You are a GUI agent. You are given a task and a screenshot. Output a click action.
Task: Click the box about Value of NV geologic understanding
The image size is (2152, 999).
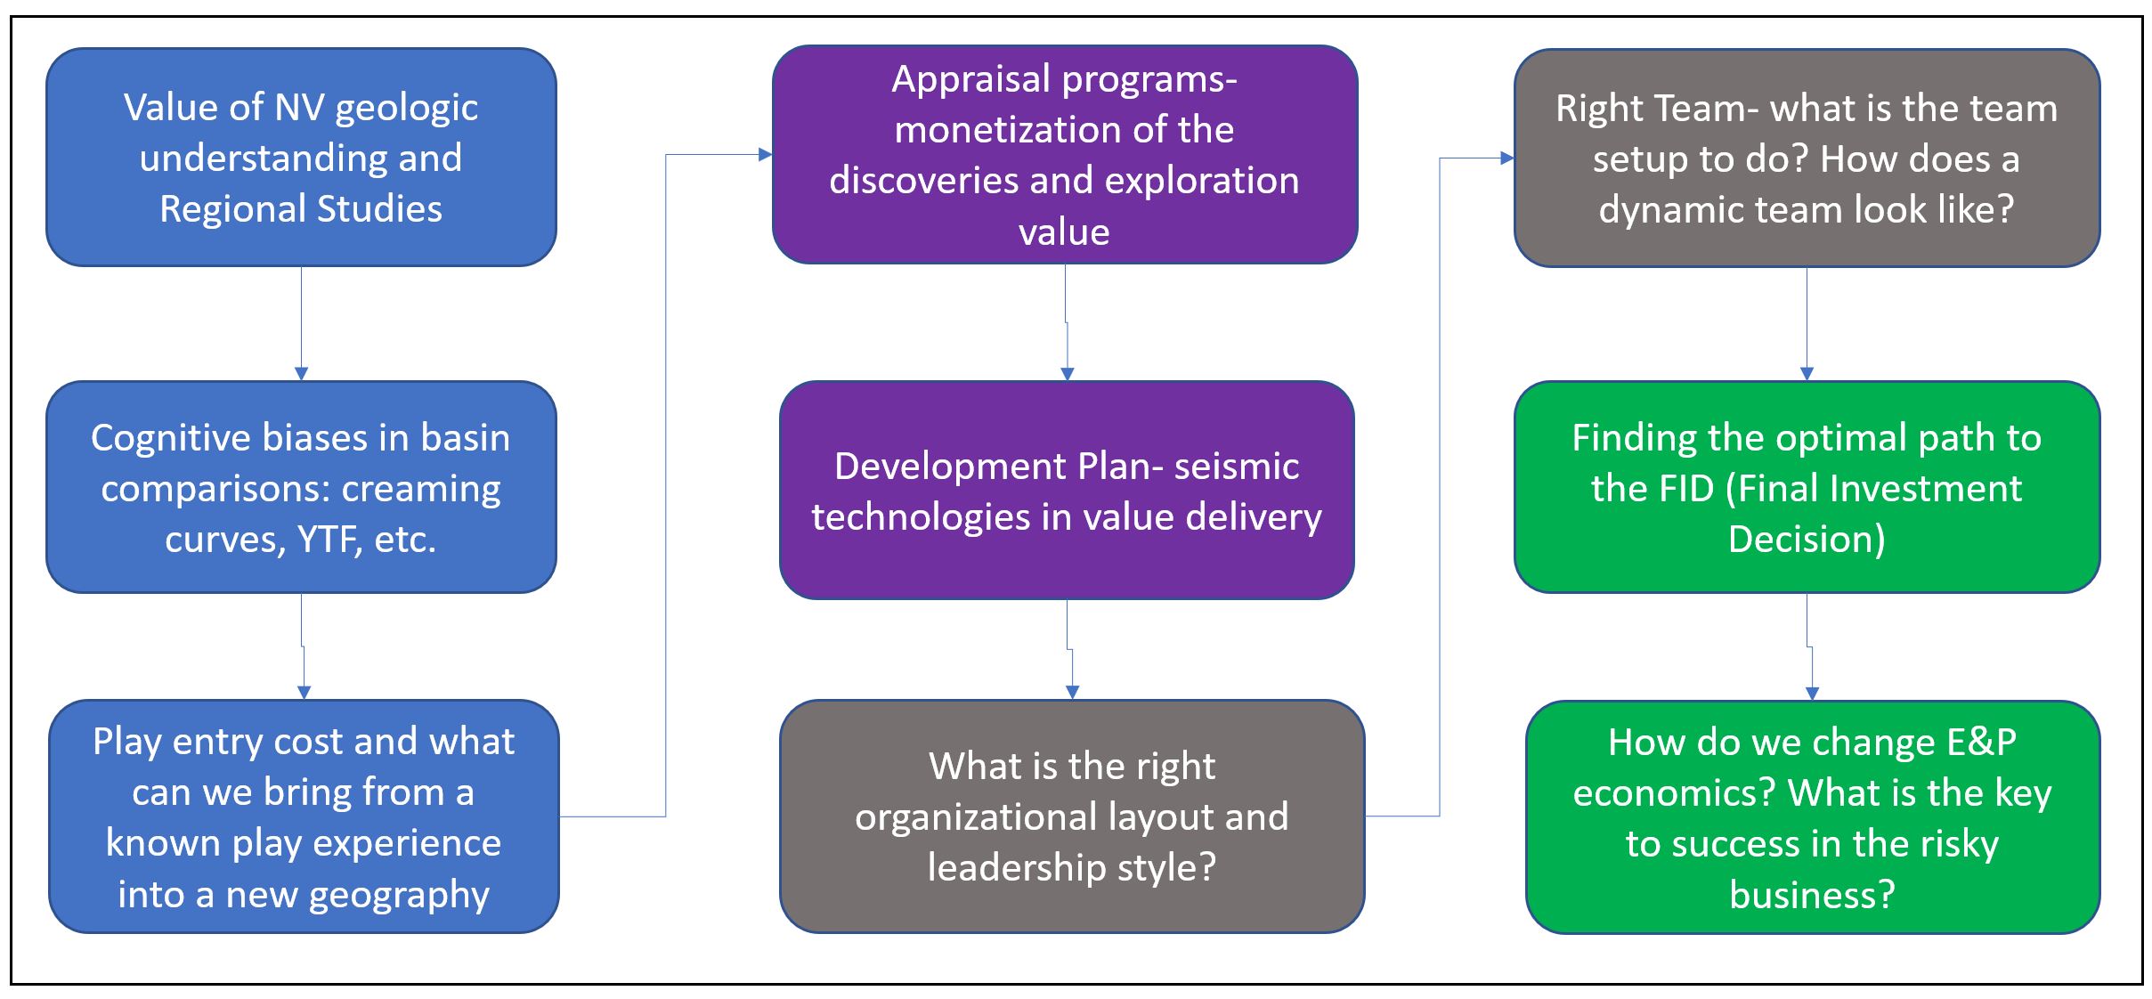301,157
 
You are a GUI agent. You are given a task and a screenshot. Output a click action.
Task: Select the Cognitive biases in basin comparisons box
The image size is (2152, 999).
301,487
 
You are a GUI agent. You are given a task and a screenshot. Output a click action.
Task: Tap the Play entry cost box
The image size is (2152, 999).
304,816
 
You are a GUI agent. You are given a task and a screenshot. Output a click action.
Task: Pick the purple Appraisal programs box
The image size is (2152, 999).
1064,154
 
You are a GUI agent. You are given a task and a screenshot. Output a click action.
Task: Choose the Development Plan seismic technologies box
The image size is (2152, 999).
1067,490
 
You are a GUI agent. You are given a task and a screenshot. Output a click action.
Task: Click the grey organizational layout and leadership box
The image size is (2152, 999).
1072,816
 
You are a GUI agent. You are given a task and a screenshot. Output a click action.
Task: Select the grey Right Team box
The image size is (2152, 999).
1807,158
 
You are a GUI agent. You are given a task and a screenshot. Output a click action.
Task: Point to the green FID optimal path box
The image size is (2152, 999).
1807,487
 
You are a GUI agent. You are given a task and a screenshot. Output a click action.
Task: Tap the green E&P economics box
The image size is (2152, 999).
1812,816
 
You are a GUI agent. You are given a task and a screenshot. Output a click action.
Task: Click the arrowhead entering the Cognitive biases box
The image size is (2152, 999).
301,374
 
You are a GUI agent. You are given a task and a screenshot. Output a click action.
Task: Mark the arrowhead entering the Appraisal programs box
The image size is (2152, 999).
765,155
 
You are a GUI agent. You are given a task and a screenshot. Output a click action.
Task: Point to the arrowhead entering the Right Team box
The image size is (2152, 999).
1506,158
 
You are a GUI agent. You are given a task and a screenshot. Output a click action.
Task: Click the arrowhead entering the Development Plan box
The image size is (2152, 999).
1068,374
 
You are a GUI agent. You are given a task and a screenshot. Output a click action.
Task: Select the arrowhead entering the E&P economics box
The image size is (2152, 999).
1812,694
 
